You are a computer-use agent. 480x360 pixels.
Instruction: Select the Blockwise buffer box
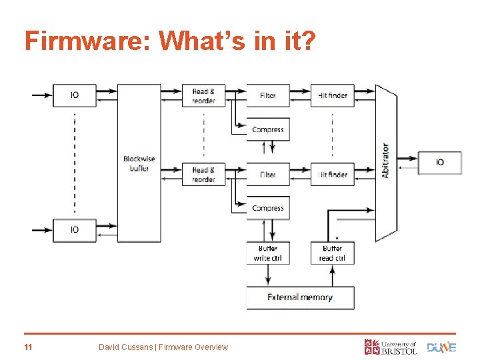(x=139, y=163)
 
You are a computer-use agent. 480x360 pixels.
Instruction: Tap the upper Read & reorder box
(x=203, y=95)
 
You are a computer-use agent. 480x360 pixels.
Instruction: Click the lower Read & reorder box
(x=203, y=175)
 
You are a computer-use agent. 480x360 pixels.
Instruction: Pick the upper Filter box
(x=268, y=95)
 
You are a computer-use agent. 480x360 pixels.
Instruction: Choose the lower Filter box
(x=268, y=175)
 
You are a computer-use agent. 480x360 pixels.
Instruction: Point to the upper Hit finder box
(x=333, y=95)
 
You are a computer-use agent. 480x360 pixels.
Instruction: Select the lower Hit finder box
(x=333, y=175)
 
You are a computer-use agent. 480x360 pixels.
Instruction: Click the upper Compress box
(x=268, y=129)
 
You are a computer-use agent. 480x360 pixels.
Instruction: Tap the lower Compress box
(x=268, y=208)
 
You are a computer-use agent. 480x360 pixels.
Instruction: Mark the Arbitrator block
(x=386, y=162)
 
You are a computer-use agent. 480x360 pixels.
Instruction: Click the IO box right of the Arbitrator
(x=440, y=162)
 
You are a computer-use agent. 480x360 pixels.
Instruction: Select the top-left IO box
(x=75, y=95)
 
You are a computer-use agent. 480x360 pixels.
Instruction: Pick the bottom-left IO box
(x=75, y=229)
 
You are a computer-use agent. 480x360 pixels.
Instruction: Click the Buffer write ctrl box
(x=268, y=253)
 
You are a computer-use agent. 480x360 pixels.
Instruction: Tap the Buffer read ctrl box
(x=333, y=253)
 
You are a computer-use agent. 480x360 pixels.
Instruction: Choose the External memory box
(x=300, y=297)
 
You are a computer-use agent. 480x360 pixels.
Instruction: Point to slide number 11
(x=28, y=347)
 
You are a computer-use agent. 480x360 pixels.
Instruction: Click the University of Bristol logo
(x=391, y=347)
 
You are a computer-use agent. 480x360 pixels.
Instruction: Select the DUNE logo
(x=441, y=347)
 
